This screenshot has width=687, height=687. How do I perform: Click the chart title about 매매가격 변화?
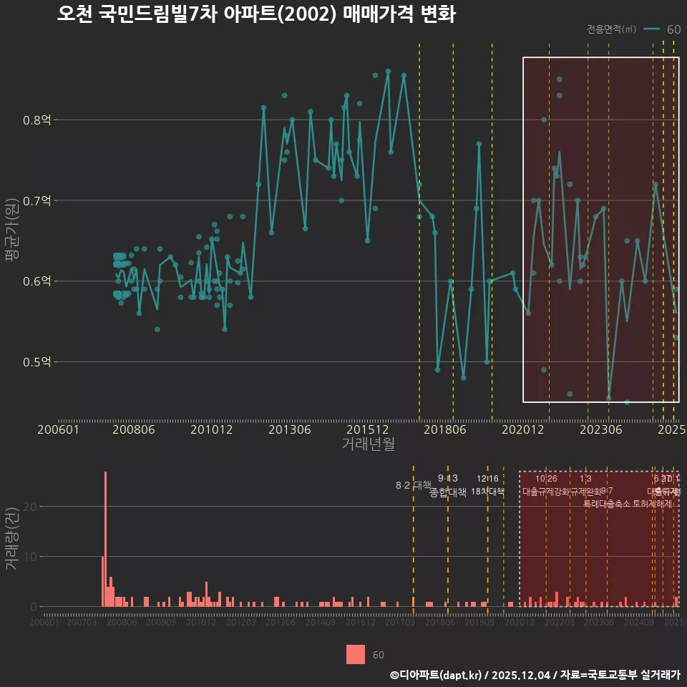click(256, 14)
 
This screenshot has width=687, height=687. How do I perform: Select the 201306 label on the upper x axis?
click(289, 430)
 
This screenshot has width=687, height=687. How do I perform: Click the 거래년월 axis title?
click(368, 444)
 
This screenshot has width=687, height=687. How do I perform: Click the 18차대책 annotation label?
click(487, 492)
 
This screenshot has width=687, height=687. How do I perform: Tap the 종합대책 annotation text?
click(448, 492)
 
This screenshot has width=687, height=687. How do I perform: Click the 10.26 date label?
click(546, 479)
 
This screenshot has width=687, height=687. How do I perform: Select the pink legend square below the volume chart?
click(356, 654)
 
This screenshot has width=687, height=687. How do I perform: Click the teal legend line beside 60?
click(651, 29)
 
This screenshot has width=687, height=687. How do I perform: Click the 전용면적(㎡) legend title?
click(611, 29)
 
